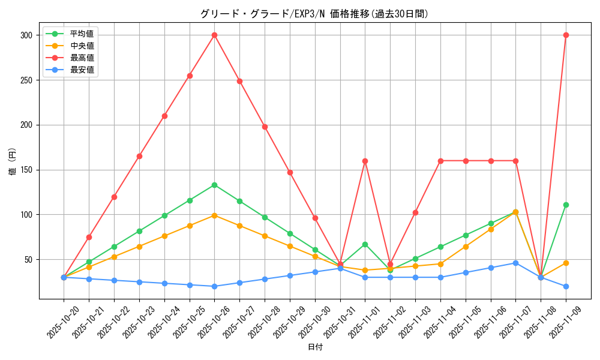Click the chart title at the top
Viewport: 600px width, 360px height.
pos(314,14)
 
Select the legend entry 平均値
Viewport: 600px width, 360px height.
pos(82,34)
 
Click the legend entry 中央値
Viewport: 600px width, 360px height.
pos(82,46)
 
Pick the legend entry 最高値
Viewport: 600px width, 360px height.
pos(82,58)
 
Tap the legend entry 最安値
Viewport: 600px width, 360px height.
pos(82,70)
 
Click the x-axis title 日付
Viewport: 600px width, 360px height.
pos(314,347)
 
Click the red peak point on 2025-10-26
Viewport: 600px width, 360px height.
pos(214,35)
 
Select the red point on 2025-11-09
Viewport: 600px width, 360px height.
pos(566,35)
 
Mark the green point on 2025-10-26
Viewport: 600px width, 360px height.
pos(214,185)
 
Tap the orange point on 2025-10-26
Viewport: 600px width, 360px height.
pos(214,215)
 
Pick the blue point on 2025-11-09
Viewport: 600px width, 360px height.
pos(566,286)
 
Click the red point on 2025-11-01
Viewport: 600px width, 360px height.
pos(365,161)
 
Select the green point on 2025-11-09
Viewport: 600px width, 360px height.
pos(566,205)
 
